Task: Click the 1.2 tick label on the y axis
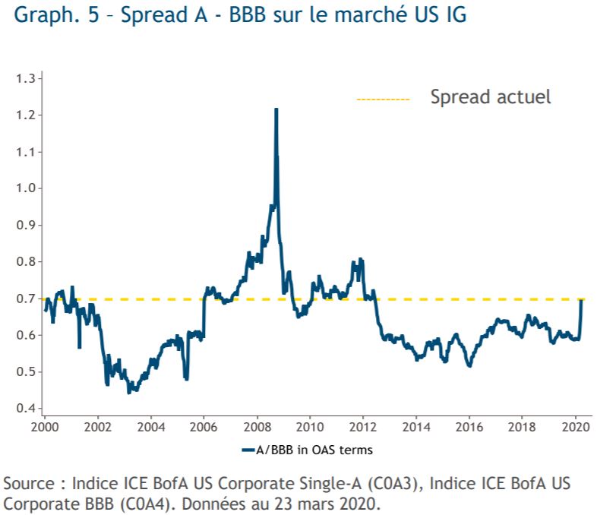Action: point(26,115)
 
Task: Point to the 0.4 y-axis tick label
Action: point(26,408)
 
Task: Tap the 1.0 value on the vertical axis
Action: point(26,188)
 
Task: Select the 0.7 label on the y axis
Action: point(26,299)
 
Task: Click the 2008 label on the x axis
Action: point(257,427)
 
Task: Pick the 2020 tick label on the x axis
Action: point(576,427)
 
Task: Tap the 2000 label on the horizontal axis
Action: point(45,427)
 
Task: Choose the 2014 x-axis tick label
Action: point(416,427)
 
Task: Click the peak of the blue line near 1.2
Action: point(276,109)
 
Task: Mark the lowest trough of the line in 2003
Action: point(128,392)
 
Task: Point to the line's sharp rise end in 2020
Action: point(582,300)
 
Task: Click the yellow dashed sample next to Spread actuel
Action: point(383,100)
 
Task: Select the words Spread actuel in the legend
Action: point(491,97)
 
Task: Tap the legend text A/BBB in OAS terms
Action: point(314,450)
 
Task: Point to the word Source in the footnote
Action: point(29,484)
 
